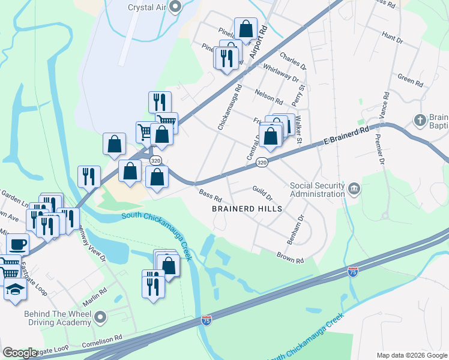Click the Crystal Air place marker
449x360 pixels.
(x=176, y=7)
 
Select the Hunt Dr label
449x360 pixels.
(x=392, y=39)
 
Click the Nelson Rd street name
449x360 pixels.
(x=268, y=96)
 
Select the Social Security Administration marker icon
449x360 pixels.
(x=354, y=190)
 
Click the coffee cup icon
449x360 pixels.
(x=17, y=244)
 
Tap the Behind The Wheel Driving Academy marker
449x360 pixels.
(x=100, y=316)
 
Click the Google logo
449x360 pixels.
(x=20, y=353)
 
